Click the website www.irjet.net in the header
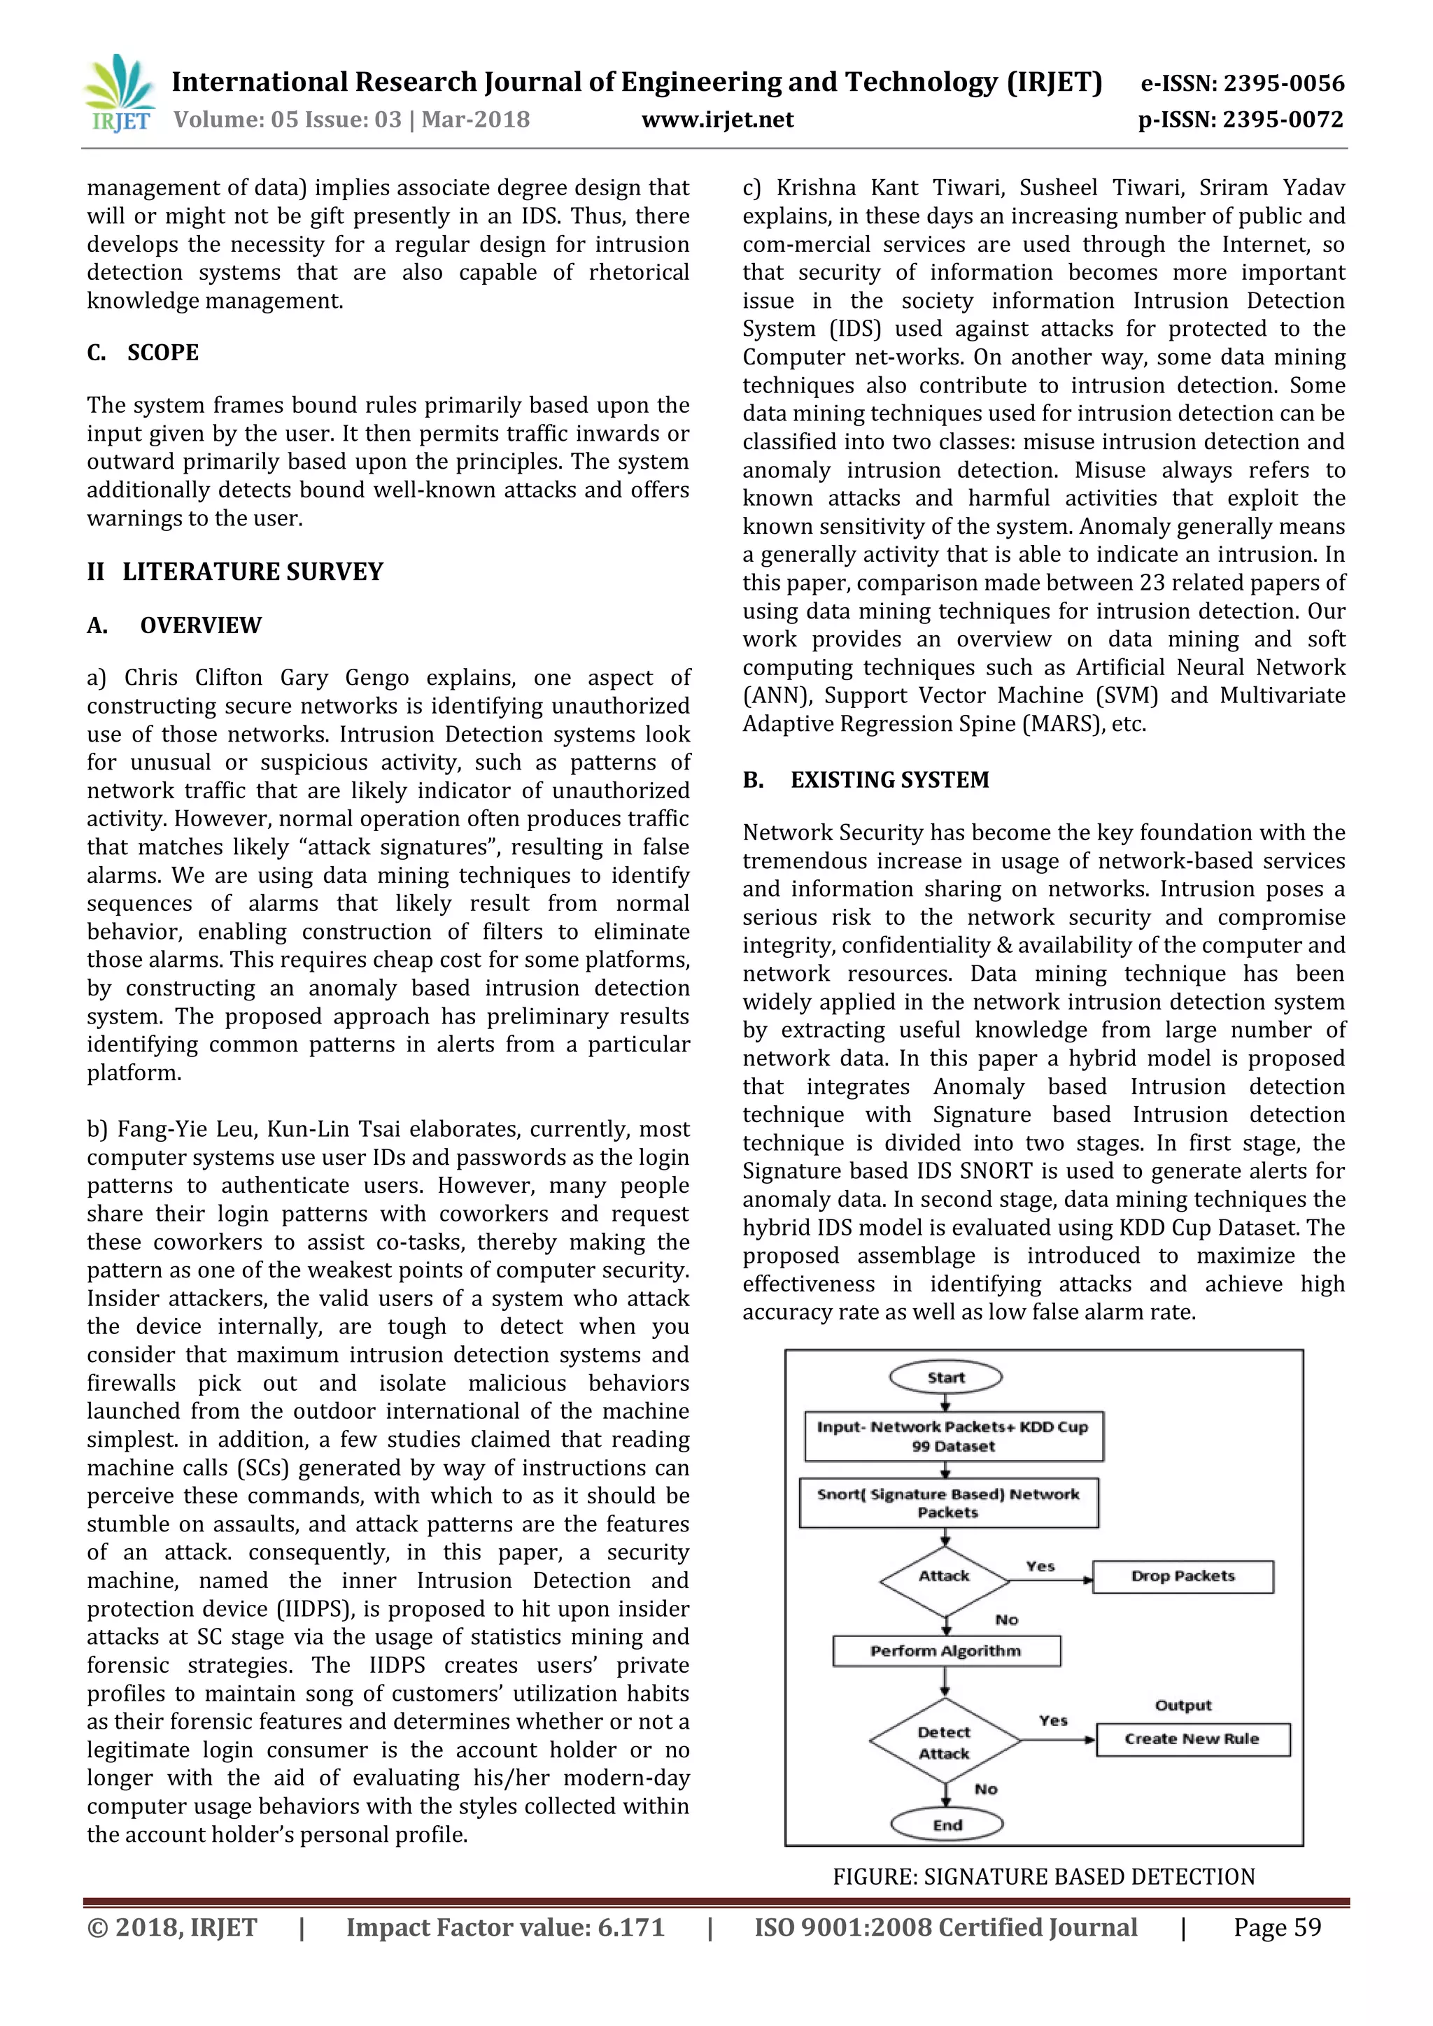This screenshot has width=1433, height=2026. (716, 120)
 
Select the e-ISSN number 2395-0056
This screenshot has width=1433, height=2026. (1243, 84)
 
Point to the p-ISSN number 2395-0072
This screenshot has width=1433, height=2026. (1241, 120)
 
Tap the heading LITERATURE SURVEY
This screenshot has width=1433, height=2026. (253, 572)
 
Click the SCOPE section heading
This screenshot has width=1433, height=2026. (162, 353)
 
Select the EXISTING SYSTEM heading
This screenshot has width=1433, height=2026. (889, 780)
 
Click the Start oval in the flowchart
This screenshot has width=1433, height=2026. (945, 1377)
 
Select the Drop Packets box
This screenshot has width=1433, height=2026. (1183, 1576)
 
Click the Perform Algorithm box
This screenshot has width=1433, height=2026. (945, 1651)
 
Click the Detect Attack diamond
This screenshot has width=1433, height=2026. (944, 1743)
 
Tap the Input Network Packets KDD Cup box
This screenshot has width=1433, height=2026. (953, 1436)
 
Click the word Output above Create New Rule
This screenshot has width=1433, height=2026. (1183, 1706)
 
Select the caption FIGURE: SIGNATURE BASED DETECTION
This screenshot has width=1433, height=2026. (1043, 1877)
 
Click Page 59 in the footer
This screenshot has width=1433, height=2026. (1277, 1927)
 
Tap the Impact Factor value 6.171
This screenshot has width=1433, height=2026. (504, 1927)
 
